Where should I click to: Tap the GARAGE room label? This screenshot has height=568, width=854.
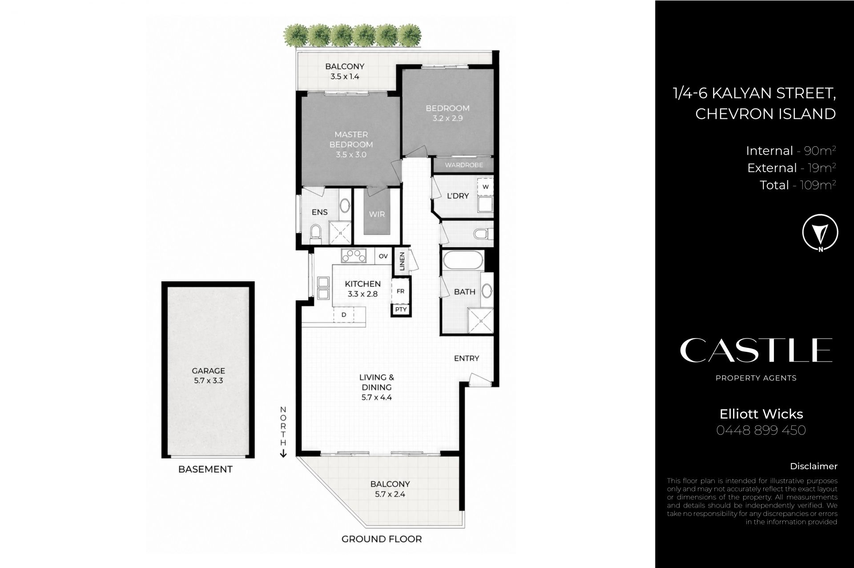[208, 371]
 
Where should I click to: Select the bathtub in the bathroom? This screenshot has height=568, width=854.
[463, 260]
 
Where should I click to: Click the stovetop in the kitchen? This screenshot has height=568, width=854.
[354, 256]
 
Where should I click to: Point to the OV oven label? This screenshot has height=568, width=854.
[383, 256]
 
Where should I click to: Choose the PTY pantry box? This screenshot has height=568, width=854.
[401, 309]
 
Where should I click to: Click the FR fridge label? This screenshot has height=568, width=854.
[400, 291]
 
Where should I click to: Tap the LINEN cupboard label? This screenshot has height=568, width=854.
[402, 261]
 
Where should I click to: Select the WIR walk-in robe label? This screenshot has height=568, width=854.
[377, 214]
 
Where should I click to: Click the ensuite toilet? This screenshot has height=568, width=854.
[315, 232]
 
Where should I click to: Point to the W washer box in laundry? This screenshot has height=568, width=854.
[485, 187]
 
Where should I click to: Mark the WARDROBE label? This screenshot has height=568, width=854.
[464, 165]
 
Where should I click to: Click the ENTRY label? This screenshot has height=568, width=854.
[467, 358]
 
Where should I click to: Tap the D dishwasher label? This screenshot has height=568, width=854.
[344, 314]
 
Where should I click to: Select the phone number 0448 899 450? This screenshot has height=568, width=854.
[761, 430]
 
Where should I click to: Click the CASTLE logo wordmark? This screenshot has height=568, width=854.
[756, 350]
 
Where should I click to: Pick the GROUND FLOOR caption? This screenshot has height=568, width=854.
[382, 539]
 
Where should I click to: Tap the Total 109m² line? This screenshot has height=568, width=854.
[798, 185]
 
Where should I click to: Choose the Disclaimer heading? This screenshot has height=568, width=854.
[814, 466]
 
